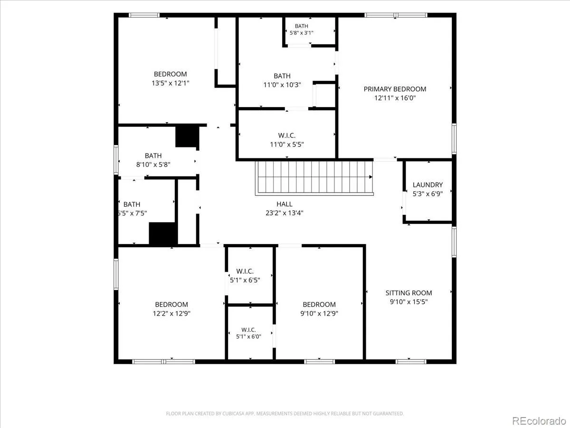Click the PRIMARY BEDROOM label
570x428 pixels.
[395, 89]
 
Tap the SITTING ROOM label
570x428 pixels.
[409, 293]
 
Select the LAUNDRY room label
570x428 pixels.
[427, 185]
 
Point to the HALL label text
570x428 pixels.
[285, 204]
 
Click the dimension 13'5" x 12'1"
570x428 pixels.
[171, 83]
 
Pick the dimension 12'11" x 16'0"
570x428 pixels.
[395, 98]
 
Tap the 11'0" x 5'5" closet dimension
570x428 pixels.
[287, 144]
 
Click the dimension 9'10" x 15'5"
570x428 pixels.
[409, 302]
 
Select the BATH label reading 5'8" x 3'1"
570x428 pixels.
[302, 26]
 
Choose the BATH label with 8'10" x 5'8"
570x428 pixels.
[153, 156]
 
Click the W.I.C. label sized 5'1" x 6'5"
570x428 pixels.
[245, 271]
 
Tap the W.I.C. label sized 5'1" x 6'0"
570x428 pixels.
[248, 330]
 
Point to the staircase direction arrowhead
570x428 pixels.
[371, 177]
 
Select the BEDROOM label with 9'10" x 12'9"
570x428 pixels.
[319, 304]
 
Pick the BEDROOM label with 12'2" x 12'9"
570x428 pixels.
[171, 304]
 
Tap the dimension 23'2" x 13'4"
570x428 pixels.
[285, 213]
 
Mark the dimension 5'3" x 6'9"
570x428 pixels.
[427, 194]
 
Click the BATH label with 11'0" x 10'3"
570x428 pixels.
[282, 76]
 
